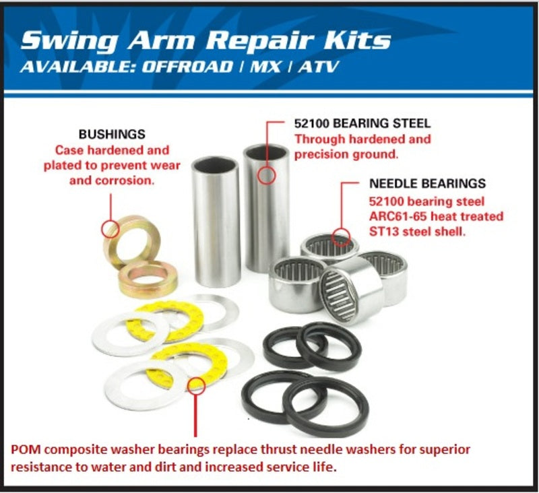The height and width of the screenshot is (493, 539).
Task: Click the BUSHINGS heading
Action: pyautogui.click(x=112, y=135)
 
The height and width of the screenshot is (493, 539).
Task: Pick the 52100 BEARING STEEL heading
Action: pyautogui.click(x=362, y=124)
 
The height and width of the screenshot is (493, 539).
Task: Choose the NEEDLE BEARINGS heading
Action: pyautogui.click(x=427, y=183)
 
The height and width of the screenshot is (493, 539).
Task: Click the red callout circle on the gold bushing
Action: pyautogui.click(x=110, y=228)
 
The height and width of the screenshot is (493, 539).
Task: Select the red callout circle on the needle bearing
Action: pyautogui.click(x=342, y=238)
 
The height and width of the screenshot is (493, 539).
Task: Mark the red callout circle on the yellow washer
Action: pyautogui.click(x=196, y=385)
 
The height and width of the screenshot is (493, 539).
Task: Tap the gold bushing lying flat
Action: pyautogui.click(x=148, y=280)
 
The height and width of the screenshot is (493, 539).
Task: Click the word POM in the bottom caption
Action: pyautogui.click(x=24, y=449)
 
